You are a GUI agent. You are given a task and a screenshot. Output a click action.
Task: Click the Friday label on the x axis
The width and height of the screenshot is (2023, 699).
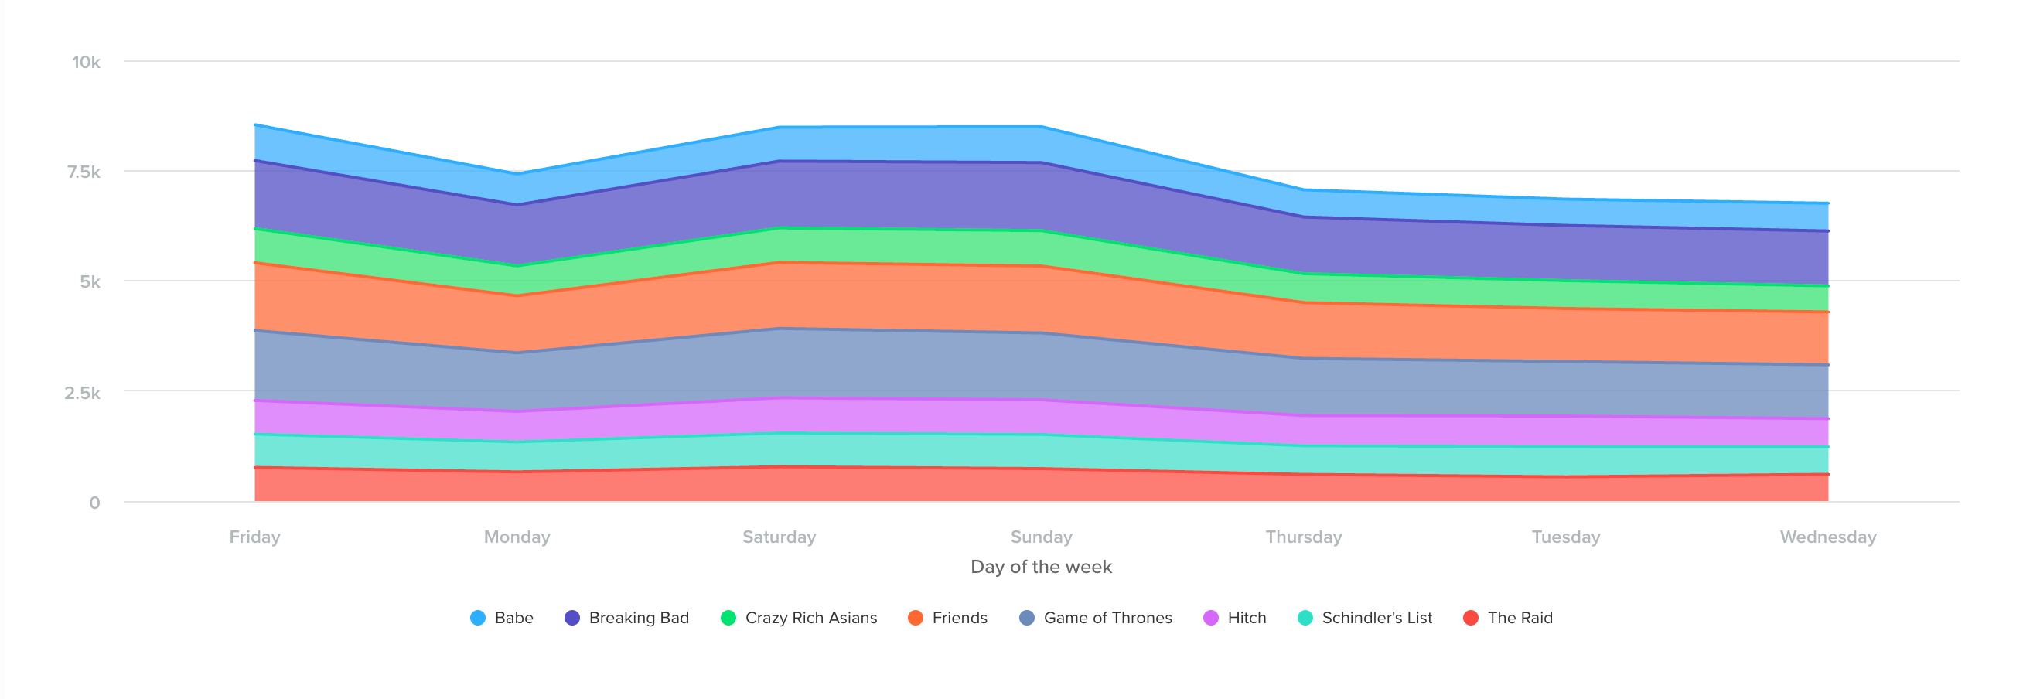(x=254, y=537)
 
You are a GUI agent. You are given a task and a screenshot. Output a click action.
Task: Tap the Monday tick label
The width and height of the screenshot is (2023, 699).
(x=517, y=537)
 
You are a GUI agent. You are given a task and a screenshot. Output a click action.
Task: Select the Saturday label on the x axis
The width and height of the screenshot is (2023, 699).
(x=779, y=537)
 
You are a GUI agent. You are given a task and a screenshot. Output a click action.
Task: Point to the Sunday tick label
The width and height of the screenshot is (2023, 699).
(x=1042, y=537)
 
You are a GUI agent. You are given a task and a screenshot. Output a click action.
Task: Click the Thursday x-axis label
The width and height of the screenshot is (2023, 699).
(x=1304, y=537)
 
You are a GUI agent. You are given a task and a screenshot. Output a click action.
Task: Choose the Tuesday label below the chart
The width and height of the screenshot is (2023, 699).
(x=1566, y=537)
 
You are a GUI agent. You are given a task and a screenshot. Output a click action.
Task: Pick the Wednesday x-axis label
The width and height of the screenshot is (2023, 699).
(x=1828, y=537)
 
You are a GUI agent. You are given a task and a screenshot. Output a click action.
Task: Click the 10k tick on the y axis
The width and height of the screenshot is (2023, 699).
(x=87, y=62)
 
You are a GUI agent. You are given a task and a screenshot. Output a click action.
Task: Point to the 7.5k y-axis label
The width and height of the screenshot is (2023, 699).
(x=84, y=172)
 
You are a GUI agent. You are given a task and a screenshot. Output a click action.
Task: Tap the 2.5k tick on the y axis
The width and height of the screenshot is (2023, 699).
(x=83, y=393)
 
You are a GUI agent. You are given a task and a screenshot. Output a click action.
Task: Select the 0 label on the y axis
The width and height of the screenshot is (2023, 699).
(x=94, y=503)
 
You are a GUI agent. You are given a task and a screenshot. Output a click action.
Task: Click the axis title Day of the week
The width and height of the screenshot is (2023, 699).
(x=1042, y=566)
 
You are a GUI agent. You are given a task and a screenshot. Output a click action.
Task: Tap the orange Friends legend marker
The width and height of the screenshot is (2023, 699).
(x=916, y=618)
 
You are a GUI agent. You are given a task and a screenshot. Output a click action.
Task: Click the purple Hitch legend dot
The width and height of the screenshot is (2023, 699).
(x=1211, y=618)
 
